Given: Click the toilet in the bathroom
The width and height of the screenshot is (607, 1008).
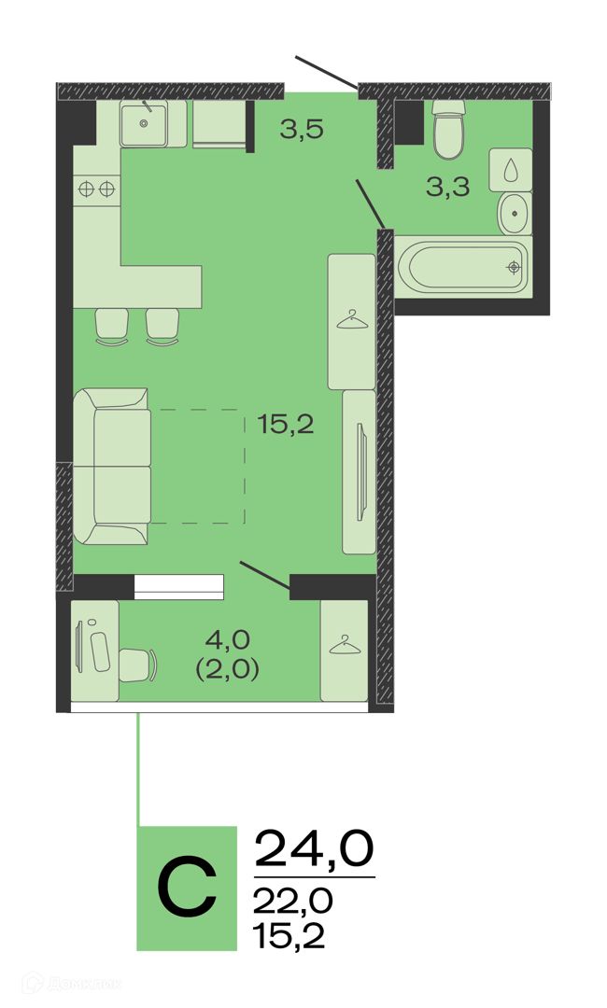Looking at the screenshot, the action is pyautogui.click(x=448, y=129).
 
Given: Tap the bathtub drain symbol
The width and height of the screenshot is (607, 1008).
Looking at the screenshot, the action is pyautogui.click(x=513, y=266).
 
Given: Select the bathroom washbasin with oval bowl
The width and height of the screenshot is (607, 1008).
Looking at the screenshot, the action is pyautogui.click(x=515, y=213).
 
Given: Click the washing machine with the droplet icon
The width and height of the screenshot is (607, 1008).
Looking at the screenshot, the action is pyautogui.click(x=511, y=170).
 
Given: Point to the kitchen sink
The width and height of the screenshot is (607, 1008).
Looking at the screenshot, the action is pyautogui.click(x=144, y=123).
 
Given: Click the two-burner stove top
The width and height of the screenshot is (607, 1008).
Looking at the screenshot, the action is pyautogui.click(x=96, y=189).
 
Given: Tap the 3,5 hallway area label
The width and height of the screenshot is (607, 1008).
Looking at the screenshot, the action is pyautogui.click(x=301, y=130).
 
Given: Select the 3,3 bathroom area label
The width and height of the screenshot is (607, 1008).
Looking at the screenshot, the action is pyautogui.click(x=447, y=187).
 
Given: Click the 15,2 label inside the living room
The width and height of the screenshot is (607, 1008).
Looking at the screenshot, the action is pyautogui.click(x=286, y=424).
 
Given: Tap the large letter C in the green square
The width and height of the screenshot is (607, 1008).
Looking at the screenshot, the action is pyautogui.click(x=187, y=889).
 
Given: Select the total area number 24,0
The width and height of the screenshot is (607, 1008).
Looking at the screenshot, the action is pyautogui.click(x=315, y=847).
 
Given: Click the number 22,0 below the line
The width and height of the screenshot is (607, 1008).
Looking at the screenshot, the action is pyautogui.click(x=292, y=901).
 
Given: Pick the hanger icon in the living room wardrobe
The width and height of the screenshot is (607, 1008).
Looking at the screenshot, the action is pyautogui.click(x=352, y=319).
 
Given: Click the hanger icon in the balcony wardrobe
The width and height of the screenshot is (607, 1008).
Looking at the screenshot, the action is pyautogui.click(x=345, y=644).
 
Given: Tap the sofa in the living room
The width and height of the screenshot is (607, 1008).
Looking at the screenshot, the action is pyautogui.click(x=111, y=466).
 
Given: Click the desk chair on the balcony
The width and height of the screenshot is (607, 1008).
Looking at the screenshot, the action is pyautogui.click(x=137, y=665).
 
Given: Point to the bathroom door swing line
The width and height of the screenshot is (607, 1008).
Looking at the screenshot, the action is pyautogui.click(x=371, y=204).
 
